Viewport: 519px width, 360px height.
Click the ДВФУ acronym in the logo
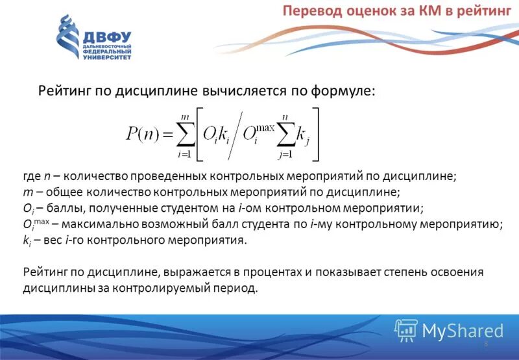coord(107,38)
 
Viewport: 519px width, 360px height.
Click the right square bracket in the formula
coord(315,135)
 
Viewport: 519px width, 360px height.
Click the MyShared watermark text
coord(463,330)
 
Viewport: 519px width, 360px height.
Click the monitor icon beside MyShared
coord(405,330)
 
